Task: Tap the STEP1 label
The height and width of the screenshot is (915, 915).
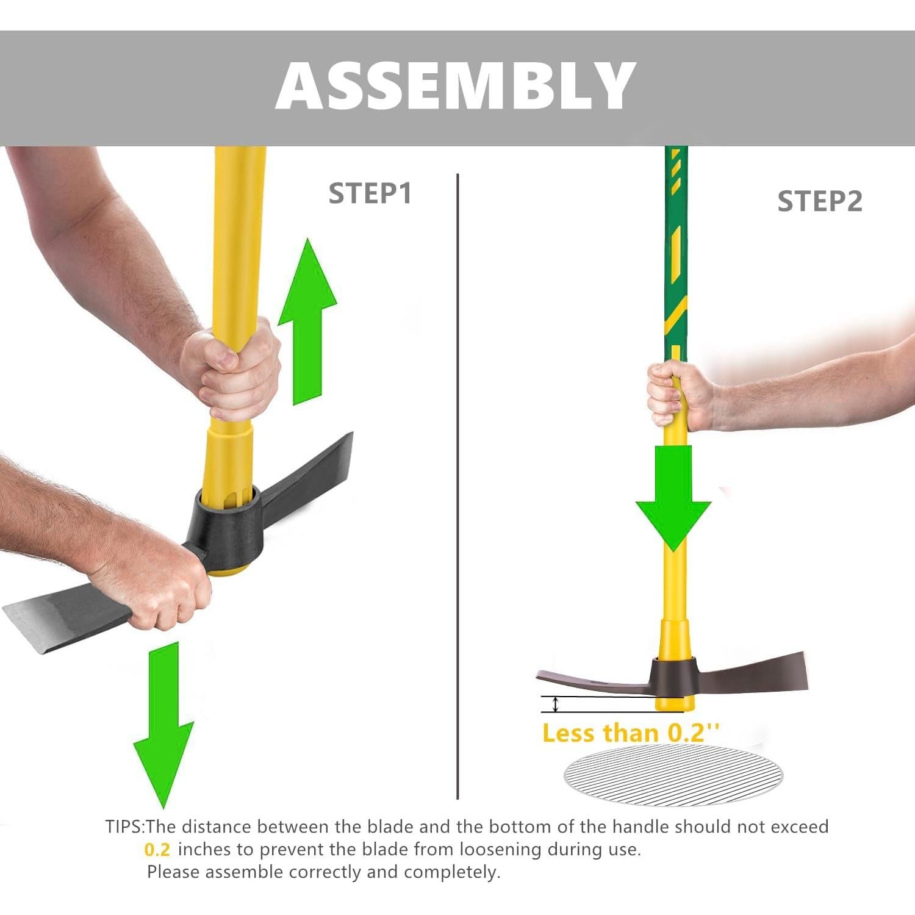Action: tap(370, 193)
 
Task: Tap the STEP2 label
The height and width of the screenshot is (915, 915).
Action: tap(819, 201)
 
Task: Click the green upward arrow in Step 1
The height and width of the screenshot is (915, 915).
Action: tap(307, 323)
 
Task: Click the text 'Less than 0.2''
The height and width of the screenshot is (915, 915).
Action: tap(630, 733)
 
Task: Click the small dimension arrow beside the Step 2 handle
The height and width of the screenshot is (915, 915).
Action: tap(555, 705)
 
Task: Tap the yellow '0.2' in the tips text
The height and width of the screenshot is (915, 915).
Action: tap(157, 849)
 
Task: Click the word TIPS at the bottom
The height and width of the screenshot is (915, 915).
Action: tap(124, 827)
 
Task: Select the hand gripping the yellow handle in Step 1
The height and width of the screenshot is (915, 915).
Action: tap(235, 372)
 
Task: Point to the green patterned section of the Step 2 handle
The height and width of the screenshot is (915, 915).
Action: tap(676, 256)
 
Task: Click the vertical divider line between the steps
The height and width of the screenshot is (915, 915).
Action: tap(457, 488)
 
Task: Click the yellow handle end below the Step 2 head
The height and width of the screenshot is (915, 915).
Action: tap(675, 701)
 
